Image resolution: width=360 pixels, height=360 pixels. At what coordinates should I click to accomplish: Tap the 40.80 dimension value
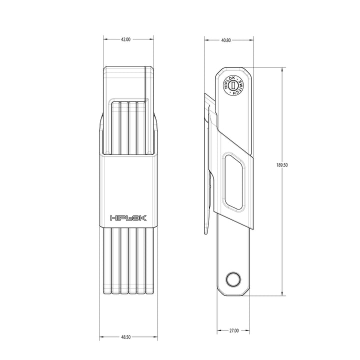[226, 39]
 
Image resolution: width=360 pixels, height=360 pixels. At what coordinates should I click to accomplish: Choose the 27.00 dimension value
[233, 330]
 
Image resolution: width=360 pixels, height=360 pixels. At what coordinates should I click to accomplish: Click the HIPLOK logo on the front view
[127, 217]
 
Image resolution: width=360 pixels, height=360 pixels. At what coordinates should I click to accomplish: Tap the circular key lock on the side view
[233, 85]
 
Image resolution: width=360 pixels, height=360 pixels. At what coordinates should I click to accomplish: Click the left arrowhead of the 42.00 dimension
[105, 39]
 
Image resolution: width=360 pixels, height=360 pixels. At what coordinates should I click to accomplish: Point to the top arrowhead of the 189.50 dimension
[283, 69]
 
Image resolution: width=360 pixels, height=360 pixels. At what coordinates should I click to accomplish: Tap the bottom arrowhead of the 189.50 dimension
[283, 294]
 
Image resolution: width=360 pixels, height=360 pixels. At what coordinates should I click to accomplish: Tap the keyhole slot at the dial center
[233, 85]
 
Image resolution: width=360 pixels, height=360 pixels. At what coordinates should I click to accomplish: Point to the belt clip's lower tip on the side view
[206, 232]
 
